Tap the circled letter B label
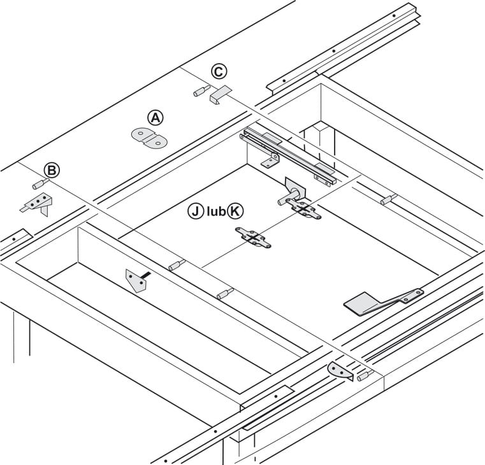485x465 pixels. [52, 169]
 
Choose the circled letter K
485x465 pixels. [236, 211]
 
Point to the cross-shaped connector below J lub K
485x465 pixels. [253, 238]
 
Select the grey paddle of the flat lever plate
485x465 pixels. [364, 303]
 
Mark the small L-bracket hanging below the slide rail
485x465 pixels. [270, 160]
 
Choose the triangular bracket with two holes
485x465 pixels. [136, 280]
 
